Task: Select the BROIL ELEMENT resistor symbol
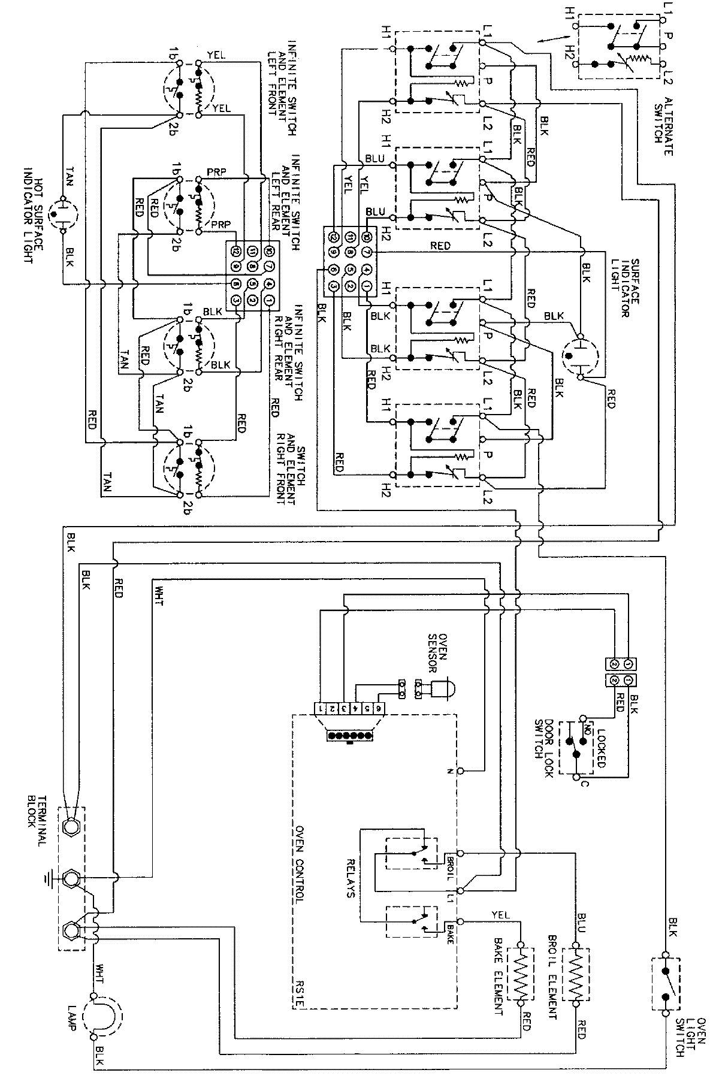coord(576,974)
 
